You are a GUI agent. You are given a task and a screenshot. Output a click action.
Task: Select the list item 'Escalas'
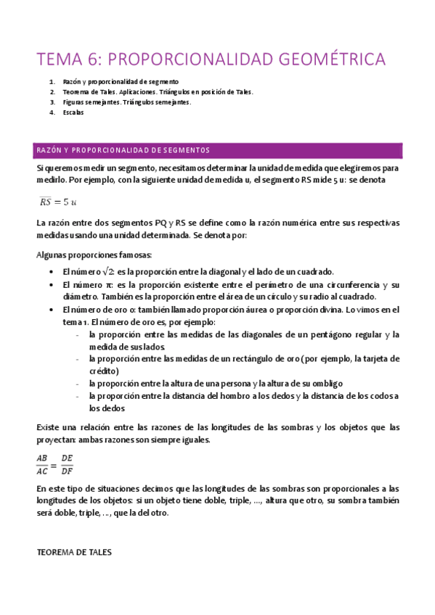pyautogui.click(x=73, y=113)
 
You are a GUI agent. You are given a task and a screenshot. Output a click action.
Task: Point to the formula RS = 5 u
pyautogui.click(x=59, y=201)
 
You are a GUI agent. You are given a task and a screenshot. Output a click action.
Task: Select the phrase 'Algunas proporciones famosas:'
pyautogui.click(x=94, y=255)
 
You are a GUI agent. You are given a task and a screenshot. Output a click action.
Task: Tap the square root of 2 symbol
pyautogui.click(x=106, y=270)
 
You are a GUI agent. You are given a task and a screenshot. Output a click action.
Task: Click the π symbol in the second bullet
pyautogui.click(x=108, y=285)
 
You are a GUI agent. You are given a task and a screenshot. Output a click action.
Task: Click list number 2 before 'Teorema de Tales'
pyautogui.click(x=52, y=92)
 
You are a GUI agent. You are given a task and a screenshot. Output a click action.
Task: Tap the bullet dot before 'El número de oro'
pyautogui.click(x=48, y=310)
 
